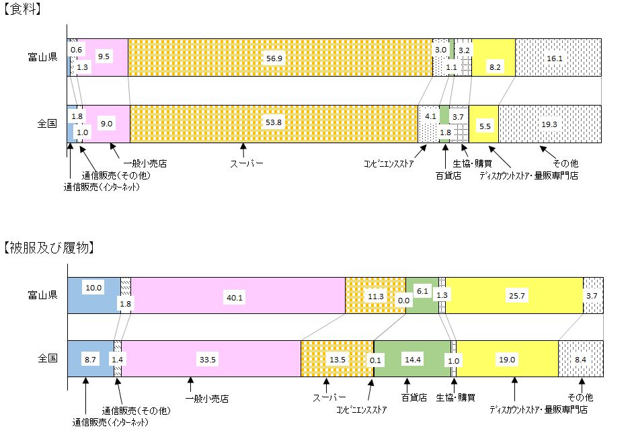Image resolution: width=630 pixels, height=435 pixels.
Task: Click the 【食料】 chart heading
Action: (23, 9)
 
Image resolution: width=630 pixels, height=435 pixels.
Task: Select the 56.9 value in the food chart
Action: (274, 58)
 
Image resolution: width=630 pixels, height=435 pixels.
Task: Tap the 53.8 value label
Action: (274, 123)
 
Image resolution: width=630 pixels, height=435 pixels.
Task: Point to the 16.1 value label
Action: (555, 58)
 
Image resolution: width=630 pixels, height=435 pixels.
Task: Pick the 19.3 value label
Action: (549, 124)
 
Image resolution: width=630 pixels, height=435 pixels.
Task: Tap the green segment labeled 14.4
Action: (413, 360)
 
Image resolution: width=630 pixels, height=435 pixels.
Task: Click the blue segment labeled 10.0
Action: (93, 287)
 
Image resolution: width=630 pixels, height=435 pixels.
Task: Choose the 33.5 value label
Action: (208, 360)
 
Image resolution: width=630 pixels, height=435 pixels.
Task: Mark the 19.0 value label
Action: (506, 360)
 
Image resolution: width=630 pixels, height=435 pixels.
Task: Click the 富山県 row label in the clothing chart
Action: (42, 294)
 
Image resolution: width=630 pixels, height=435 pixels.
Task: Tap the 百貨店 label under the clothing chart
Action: (414, 397)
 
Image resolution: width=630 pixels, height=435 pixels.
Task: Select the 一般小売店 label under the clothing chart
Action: (206, 399)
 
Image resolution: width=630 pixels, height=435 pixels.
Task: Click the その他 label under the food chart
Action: (565, 163)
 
